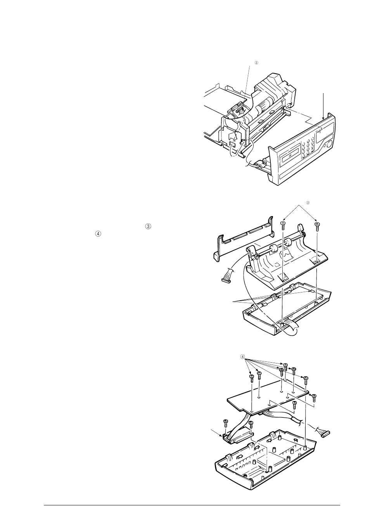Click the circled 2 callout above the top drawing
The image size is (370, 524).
[256, 62]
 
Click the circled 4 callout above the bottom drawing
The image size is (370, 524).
[242, 356]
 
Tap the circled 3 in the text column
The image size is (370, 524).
[147, 227]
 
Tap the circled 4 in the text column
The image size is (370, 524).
[98, 234]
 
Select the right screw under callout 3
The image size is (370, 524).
[317, 226]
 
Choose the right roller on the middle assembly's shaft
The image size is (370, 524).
[289, 244]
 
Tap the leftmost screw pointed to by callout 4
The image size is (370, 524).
[251, 377]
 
